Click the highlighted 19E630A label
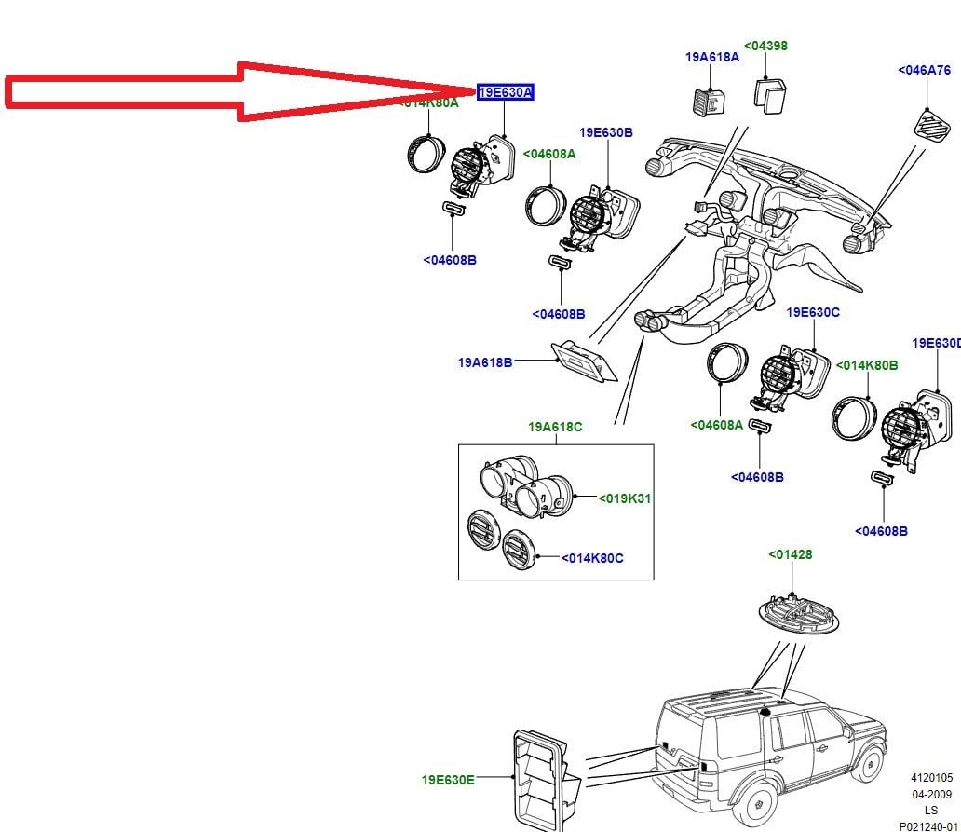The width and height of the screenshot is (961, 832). pos(505,92)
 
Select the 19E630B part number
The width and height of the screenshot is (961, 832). pos(605,133)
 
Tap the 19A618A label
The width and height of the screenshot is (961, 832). pos(711,57)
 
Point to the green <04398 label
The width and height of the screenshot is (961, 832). pos(765,45)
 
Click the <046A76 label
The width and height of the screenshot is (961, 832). pos(924,70)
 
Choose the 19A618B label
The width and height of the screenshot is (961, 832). pos(484,362)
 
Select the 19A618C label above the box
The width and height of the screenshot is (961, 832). pos(555,427)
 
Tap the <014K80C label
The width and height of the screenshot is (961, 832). pos(592,558)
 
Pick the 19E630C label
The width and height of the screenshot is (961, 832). pos(813,312)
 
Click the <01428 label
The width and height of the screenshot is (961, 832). pos(790,554)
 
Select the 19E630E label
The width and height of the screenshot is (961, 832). pos(447,779)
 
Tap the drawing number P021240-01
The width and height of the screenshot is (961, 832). pos(928,825)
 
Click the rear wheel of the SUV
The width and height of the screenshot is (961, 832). pos(759,807)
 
